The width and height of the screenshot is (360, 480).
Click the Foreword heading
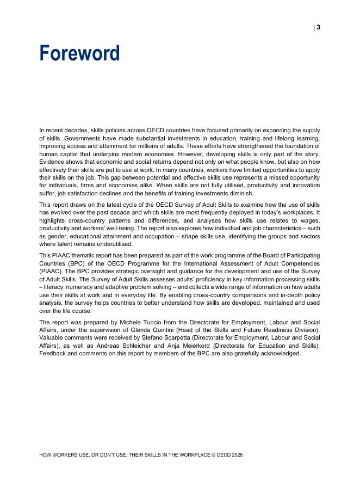79,54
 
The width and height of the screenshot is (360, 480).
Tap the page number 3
318,28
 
